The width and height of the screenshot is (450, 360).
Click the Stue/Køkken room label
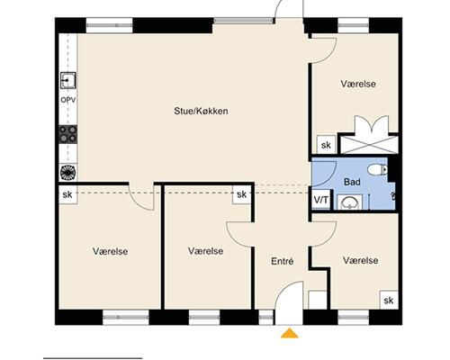(201, 112)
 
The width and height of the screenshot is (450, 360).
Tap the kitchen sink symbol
(68, 80)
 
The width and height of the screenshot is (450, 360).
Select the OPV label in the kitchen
(68, 100)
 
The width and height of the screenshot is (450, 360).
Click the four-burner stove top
(68, 134)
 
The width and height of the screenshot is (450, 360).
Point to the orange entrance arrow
(290, 333)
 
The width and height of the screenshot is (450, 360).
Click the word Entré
(283, 261)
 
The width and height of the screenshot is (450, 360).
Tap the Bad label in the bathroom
(352, 182)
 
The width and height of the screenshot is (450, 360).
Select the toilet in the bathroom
(378, 170)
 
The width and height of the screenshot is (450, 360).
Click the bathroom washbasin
(350, 202)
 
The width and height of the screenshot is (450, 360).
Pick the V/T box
(321, 199)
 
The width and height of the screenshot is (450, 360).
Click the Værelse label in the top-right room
(358, 84)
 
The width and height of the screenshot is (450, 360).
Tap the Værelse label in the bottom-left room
(111, 251)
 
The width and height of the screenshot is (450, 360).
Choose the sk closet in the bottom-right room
(389, 300)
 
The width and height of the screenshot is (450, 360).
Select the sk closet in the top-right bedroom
(326, 145)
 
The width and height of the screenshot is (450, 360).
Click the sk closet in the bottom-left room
(67, 194)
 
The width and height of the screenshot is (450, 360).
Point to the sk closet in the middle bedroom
(242, 194)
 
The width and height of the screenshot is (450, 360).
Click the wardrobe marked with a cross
(368, 144)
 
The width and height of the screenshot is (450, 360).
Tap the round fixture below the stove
(68, 173)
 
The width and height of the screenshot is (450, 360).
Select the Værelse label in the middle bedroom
(206, 251)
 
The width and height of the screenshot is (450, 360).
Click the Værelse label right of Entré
(361, 260)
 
